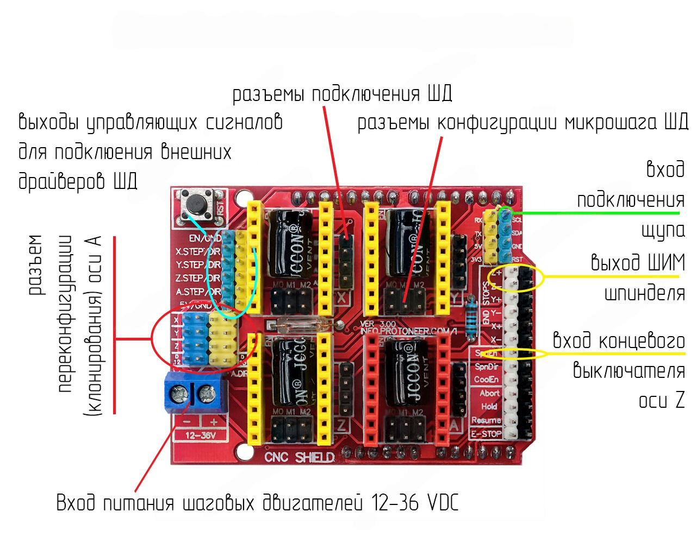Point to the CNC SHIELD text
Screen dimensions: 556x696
tap(299, 457)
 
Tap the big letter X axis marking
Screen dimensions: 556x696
tap(342, 298)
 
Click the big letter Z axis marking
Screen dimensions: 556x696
tap(341, 425)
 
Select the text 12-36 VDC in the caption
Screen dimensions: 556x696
tap(415, 503)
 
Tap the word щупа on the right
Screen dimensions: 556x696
tap(663, 230)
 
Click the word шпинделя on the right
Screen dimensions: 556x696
tap(645, 293)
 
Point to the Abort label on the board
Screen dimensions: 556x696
tap(489, 393)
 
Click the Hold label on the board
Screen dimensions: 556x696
tap(489, 406)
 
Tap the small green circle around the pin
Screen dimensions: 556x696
tap(507, 212)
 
